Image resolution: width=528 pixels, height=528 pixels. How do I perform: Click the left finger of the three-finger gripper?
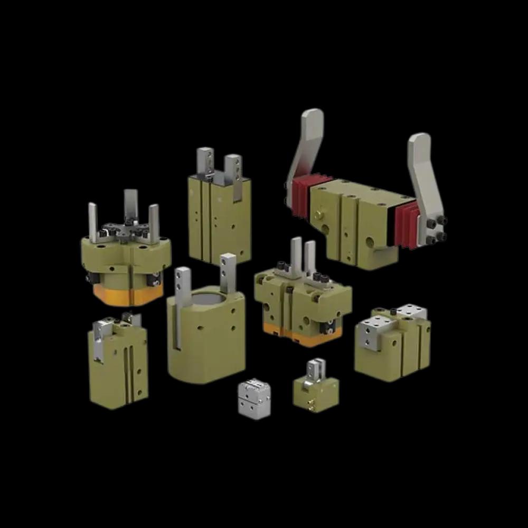pyautogui.click(x=93, y=222)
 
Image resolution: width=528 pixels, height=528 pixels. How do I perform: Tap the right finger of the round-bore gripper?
pyautogui.click(x=229, y=272)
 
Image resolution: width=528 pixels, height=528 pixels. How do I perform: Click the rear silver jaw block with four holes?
pyautogui.click(x=411, y=312)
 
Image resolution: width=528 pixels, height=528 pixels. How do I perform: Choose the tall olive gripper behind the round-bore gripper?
pyautogui.click(x=219, y=216)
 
